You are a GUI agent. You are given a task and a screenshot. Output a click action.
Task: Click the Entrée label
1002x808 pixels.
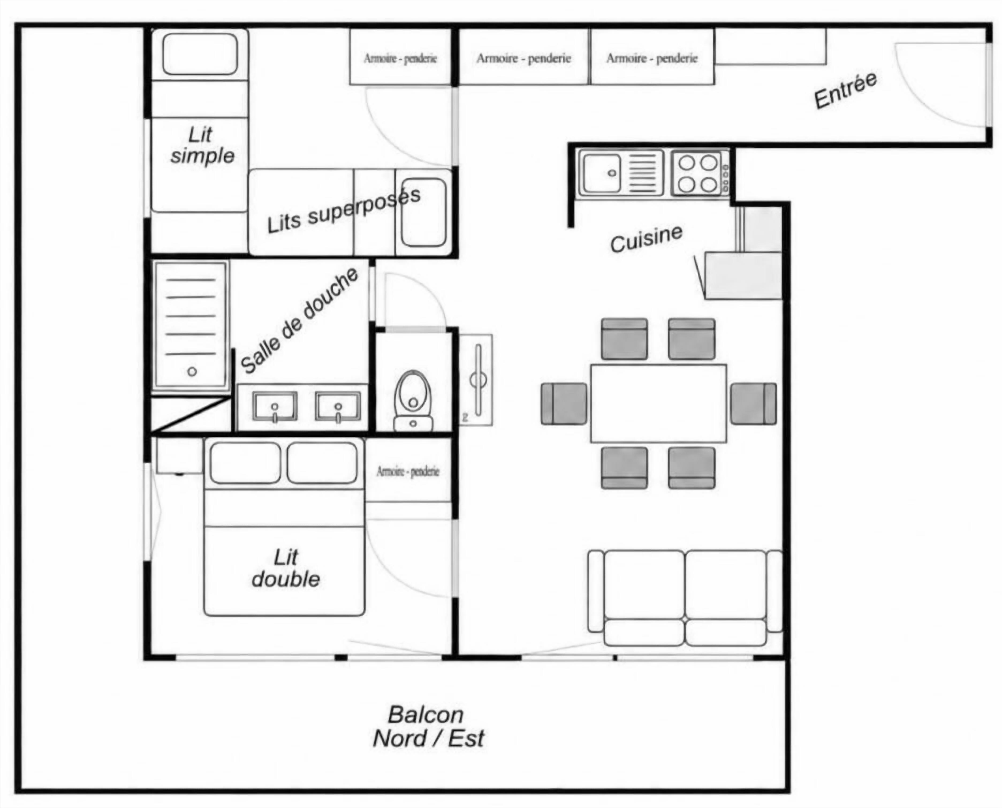click(845, 90)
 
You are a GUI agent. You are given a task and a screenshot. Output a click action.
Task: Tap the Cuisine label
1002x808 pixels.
click(646, 239)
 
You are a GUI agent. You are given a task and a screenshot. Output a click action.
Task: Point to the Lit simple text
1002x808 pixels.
click(202, 145)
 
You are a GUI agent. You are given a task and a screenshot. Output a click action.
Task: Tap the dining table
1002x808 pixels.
click(658, 403)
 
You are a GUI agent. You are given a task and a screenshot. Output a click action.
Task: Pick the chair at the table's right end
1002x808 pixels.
click(753, 403)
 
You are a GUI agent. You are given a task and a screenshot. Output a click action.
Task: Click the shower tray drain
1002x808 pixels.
click(192, 371)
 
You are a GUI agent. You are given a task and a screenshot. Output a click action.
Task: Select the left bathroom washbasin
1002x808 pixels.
click(275, 406)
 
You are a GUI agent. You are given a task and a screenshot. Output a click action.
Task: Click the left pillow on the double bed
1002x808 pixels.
click(245, 463)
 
